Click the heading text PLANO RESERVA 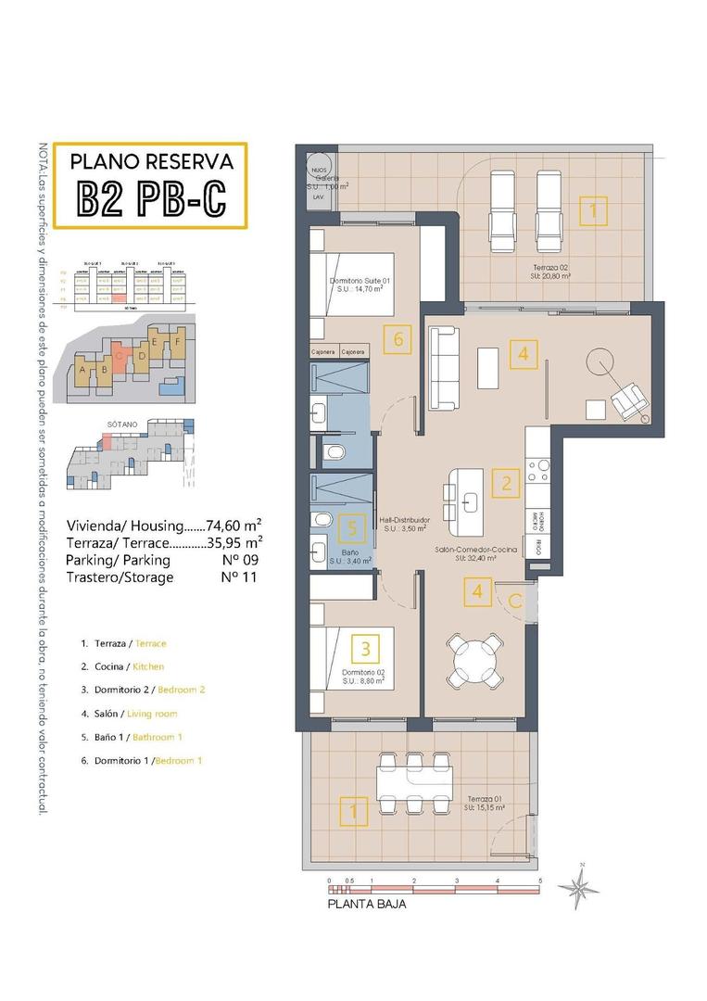152,161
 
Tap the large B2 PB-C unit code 151,198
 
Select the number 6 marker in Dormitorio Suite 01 398,339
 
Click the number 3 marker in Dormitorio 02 367,649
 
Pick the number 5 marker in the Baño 350,527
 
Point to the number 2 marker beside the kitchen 506,482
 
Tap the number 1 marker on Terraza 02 593,211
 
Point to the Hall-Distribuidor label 404,521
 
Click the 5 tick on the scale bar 539,881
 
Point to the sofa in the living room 443,368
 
